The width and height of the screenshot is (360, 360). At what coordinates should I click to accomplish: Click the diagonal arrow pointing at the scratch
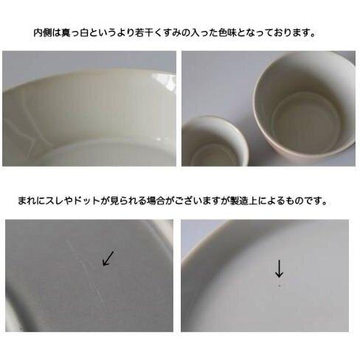tap(108, 258)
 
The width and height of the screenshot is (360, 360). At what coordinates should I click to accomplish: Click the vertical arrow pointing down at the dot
tap(279, 268)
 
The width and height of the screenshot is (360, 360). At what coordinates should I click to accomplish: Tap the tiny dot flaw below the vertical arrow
tap(280, 285)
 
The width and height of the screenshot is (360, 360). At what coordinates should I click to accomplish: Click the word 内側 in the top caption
tap(43, 33)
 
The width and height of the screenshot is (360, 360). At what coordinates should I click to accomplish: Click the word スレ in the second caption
tap(55, 201)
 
